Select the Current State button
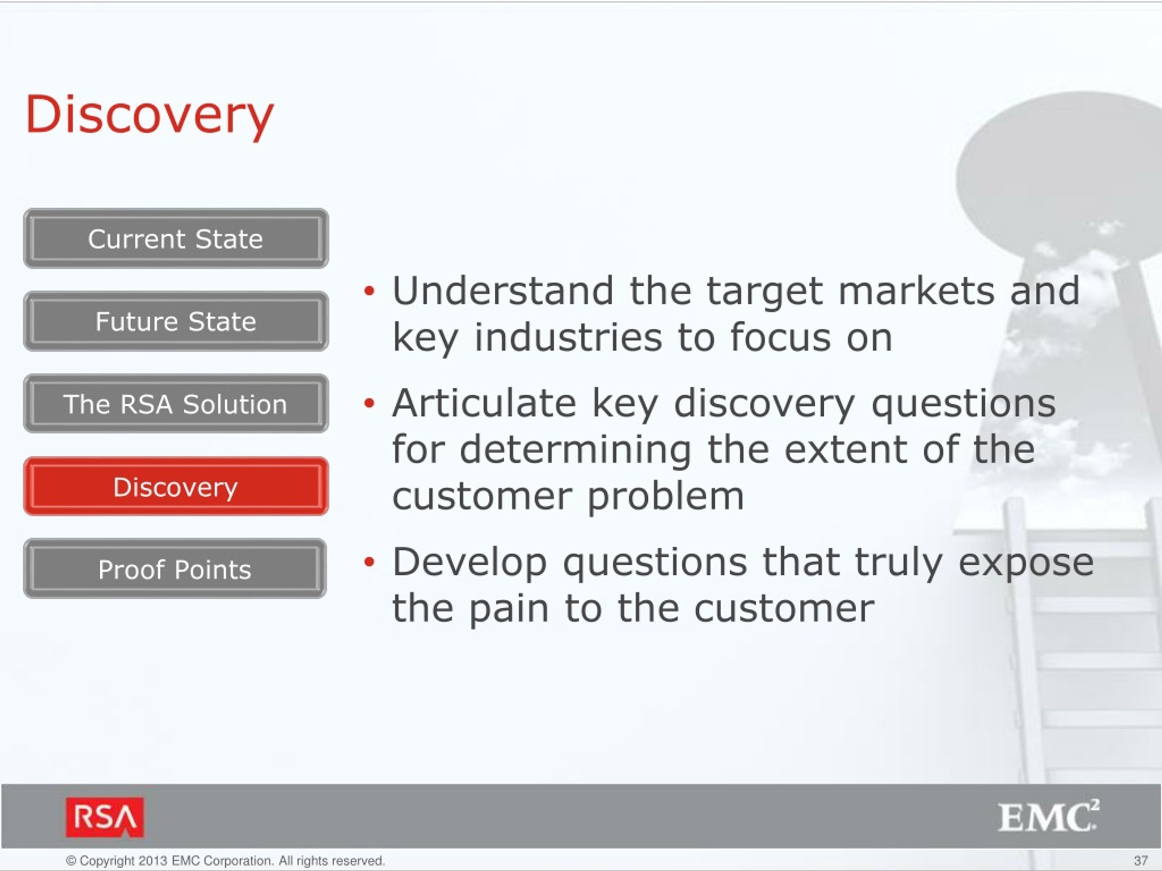coord(176,238)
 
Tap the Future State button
coord(176,321)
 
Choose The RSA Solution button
coord(176,404)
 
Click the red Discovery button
coord(176,487)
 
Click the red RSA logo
coord(104,817)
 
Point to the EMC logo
coord(1049,817)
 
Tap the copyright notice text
coord(225,861)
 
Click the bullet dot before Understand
coord(369,291)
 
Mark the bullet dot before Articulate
coord(369,403)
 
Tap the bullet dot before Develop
coord(369,562)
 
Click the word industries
coord(568,337)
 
